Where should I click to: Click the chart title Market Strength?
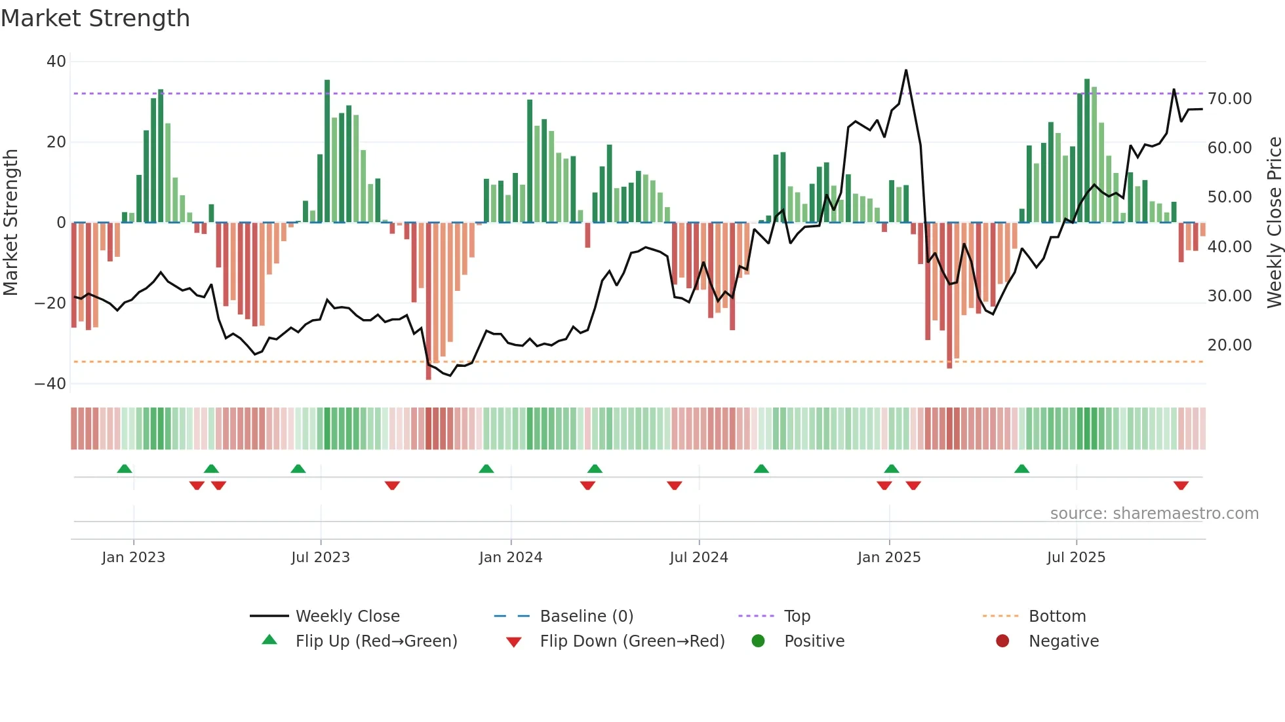click(95, 18)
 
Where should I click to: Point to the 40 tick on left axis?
click(56, 62)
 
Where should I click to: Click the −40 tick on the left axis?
click(50, 384)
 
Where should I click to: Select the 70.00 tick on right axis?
click(1229, 99)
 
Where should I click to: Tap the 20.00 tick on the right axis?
click(1229, 345)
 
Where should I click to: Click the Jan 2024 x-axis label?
click(511, 558)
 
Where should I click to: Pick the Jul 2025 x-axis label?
click(1076, 558)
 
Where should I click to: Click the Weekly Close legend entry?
click(347, 617)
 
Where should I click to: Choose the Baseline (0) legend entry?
click(586, 617)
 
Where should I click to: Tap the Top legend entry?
click(797, 617)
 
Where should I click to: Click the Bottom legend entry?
click(1057, 617)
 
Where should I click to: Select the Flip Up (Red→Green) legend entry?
click(376, 641)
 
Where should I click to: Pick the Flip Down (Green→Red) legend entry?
click(632, 641)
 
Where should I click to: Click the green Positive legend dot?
click(759, 641)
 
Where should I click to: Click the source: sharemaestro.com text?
click(1154, 514)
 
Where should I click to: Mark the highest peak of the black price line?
click(906, 70)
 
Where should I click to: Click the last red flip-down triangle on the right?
click(1181, 485)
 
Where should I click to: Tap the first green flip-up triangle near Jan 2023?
click(125, 468)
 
